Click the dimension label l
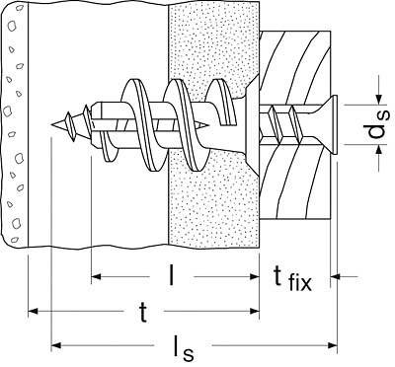[x=170, y=274]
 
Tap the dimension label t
[x=143, y=313]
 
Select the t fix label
[x=292, y=279]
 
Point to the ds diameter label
[x=378, y=124]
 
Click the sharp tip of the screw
[x=52, y=125]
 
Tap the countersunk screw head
[x=331, y=124]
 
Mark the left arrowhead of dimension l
[x=96, y=276]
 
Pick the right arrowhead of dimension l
[x=255, y=276]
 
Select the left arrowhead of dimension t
[x=33, y=311]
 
